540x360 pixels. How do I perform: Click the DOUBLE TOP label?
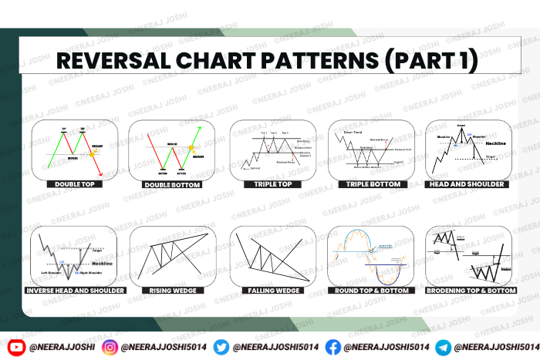pyautogui.click(x=74, y=185)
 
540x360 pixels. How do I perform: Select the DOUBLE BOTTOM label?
pyautogui.click(x=170, y=185)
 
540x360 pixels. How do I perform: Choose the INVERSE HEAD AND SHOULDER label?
pyautogui.click(x=75, y=291)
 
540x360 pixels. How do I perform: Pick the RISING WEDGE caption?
pyautogui.click(x=171, y=291)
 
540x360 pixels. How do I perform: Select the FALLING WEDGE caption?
pyautogui.click(x=272, y=291)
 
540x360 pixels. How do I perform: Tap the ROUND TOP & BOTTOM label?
pyautogui.click(x=371, y=291)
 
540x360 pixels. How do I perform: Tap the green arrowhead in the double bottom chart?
pyautogui.click(x=203, y=128)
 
